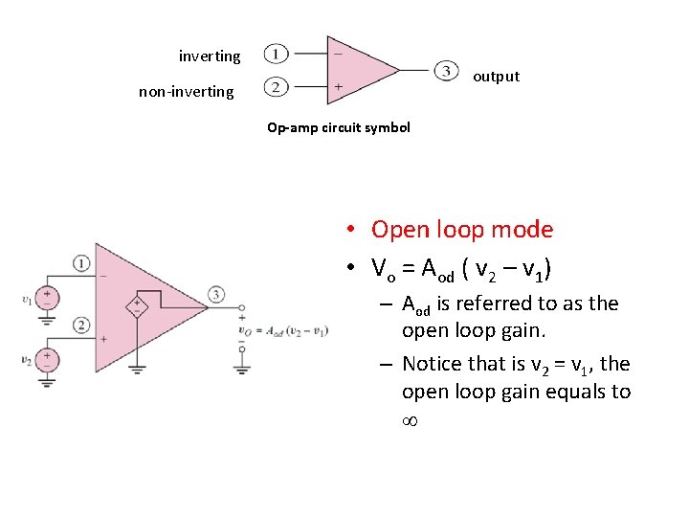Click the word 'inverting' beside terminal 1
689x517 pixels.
(x=210, y=56)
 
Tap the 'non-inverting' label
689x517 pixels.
(x=186, y=92)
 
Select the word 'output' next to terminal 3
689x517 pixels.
(x=497, y=77)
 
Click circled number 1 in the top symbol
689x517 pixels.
(x=276, y=54)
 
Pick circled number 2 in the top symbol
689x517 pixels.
(x=276, y=88)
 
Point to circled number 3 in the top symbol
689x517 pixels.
(x=446, y=71)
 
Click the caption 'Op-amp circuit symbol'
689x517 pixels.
(x=339, y=127)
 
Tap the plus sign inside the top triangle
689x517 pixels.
(x=337, y=87)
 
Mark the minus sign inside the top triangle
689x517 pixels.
(x=337, y=54)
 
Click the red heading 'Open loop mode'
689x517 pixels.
(x=462, y=230)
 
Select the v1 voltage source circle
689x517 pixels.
(x=46, y=298)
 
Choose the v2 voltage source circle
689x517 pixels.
(x=46, y=359)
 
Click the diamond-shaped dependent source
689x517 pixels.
(x=138, y=306)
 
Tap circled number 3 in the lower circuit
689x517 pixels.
(x=217, y=294)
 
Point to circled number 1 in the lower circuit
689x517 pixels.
(x=81, y=262)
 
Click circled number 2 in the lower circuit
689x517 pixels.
(x=81, y=326)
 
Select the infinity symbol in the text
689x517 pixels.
(x=413, y=421)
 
